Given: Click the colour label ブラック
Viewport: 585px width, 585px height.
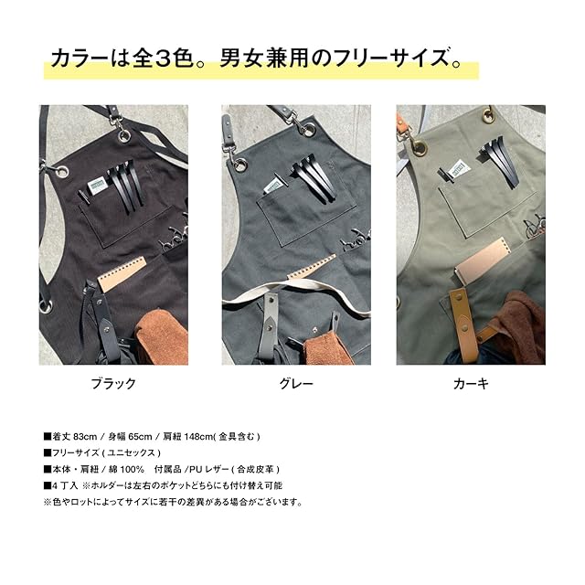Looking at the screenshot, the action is pyautogui.click(x=113, y=384).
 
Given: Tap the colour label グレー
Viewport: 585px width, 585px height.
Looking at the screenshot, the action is pyautogui.click(x=296, y=384).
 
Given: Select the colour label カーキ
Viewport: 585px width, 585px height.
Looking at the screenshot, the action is pyautogui.click(x=471, y=384).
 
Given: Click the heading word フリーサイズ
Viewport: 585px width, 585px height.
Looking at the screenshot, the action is pyautogui.click(x=391, y=58).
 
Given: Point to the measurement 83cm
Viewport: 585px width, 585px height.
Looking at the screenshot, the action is pyautogui.click(x=85, y=437).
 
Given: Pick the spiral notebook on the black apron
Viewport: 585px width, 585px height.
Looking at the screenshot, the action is pyautogui.click(x=122, y=274).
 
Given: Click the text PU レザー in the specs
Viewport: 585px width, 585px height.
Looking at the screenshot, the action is pyautogui.click(x=207, y=469).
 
